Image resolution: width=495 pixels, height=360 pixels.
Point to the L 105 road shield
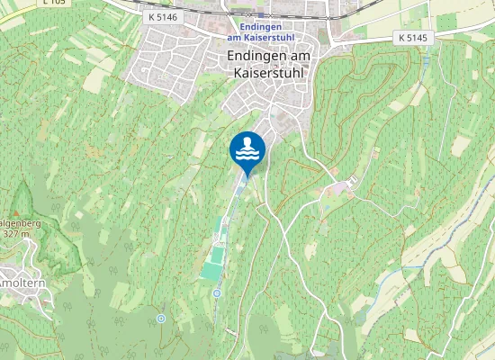coord(54,3)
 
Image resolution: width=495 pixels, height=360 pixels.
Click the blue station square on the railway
coord(261,15)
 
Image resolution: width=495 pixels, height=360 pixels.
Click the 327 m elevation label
coord(16,234)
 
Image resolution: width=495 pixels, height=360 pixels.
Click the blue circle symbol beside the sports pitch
coord(217,293)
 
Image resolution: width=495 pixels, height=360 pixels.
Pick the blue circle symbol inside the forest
coord(161,318)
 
